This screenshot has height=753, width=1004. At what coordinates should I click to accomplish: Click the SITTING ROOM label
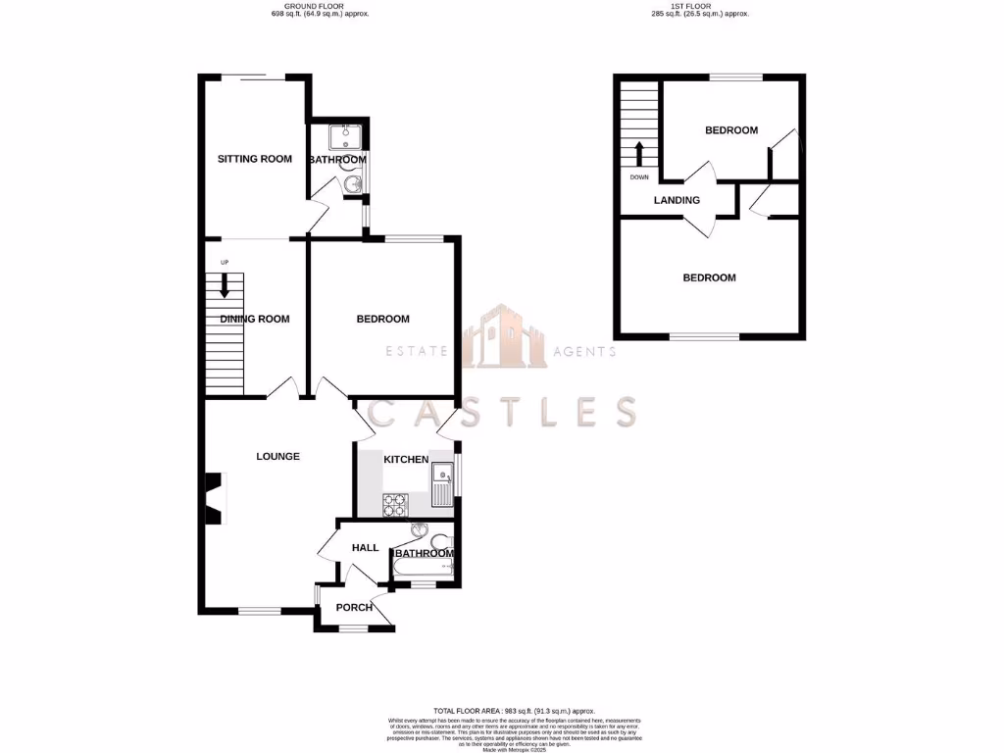point(255,159)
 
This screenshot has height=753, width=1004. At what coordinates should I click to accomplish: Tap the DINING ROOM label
point(255,319)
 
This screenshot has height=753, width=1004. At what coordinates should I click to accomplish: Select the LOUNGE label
point(277,456)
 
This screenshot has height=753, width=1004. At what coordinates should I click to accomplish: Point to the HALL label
point(365,548)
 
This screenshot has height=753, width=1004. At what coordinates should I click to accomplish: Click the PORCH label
point(354,608)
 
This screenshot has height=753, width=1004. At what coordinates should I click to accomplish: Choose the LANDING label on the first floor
point(677,201)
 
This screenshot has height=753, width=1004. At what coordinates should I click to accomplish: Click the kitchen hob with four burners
point(394,504)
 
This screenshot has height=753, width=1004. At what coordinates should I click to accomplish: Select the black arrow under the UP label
point(225,285)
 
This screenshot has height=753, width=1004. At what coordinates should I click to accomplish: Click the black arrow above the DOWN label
point(638,155)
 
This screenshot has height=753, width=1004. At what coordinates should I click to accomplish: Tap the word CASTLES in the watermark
point(501,412)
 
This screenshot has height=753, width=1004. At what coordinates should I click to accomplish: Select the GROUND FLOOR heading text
point(321,7)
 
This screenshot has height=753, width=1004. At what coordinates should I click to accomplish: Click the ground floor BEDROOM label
point(382,319)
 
